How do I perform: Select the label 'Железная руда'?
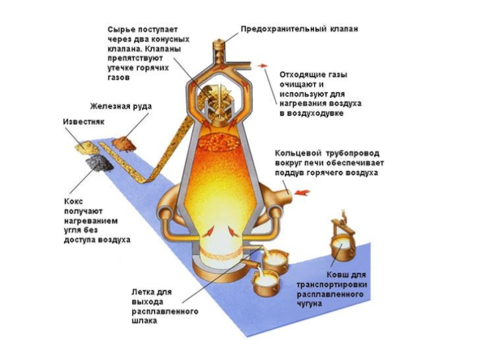coord(121,107)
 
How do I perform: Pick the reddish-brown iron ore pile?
coord(125,143)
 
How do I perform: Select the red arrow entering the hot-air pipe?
coord(304,192)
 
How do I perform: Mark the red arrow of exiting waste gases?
coord(262,65)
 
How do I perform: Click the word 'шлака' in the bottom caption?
coord(144,321)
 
